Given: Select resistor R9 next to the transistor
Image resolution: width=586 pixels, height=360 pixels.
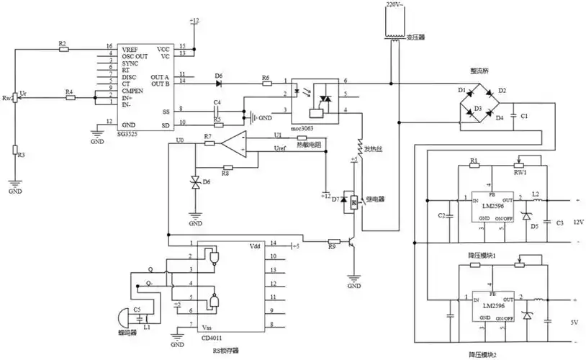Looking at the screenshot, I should coord(333,243).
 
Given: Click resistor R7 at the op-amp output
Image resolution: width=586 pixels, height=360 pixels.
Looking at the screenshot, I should coord(208,143).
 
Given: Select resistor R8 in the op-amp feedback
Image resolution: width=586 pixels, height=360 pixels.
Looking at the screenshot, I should coord(225,166).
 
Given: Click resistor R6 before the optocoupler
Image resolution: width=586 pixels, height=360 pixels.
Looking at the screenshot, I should coord(266,84).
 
